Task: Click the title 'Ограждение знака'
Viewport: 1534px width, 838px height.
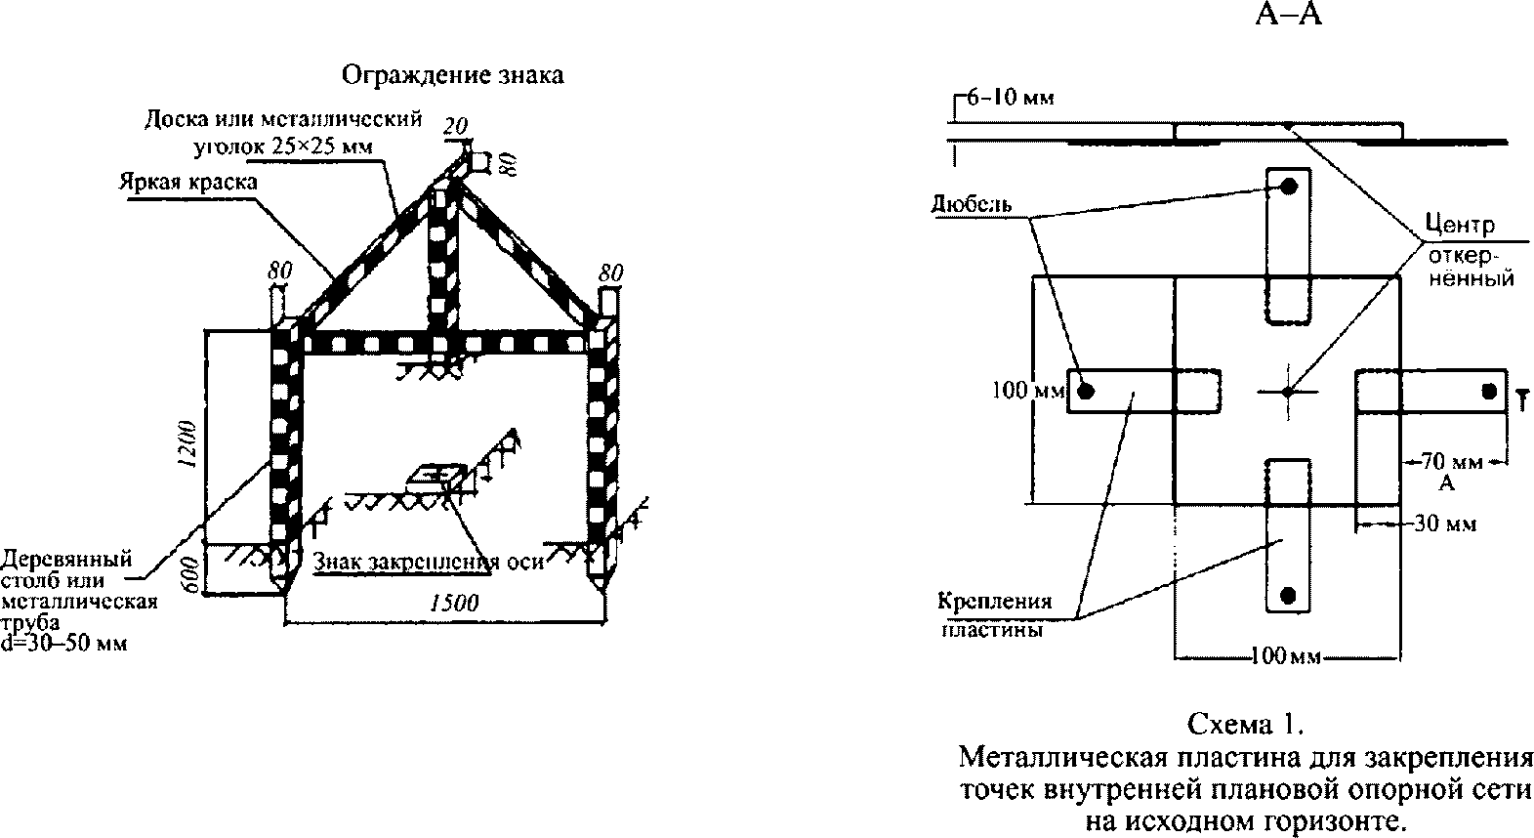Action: (x=452, y=75)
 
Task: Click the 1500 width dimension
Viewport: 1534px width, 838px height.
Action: (x=454, y=604)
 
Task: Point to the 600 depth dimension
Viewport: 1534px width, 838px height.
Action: (x=191, y=571)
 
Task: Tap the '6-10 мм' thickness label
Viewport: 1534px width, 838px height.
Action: (x=1007, y=98)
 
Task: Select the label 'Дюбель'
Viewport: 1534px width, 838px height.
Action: (x=971, y=205)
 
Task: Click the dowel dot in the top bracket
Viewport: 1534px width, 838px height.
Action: (x=1289, y=186)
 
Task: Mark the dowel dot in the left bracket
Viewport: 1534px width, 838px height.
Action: (x=1086, y=392)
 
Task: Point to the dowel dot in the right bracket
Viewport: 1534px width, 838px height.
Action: (x=1488, y=392)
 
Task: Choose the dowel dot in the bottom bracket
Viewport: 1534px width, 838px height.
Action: (x=1289, y=594)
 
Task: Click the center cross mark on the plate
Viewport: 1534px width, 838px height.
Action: (x=1288, y=391)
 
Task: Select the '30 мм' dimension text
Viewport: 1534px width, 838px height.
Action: (x=1445, y=524)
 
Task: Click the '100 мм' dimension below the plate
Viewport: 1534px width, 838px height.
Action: (x=1285, y=656)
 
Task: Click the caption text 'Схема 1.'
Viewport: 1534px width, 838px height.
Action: (x=1246, y=725)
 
